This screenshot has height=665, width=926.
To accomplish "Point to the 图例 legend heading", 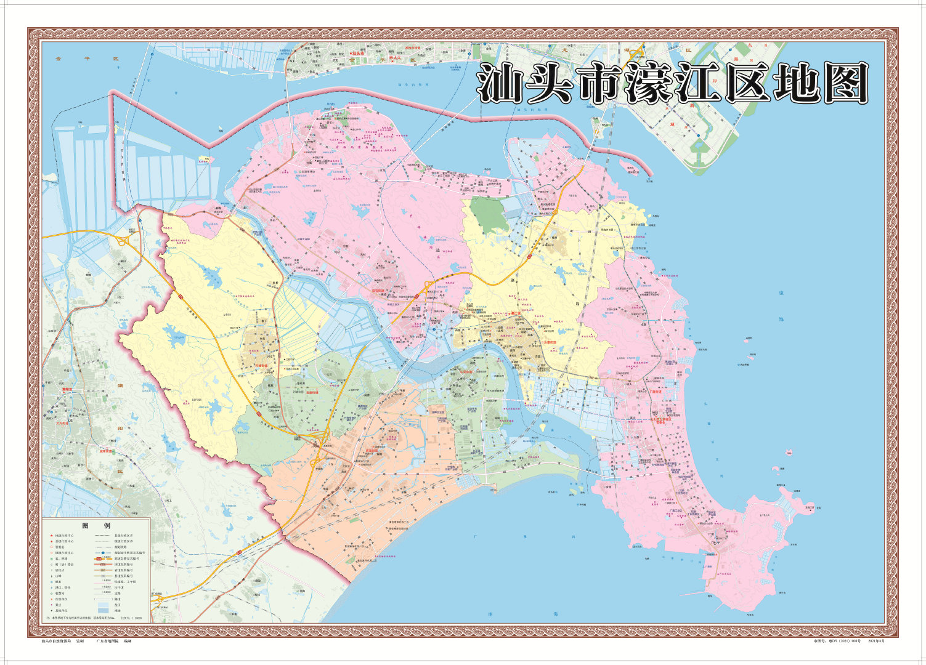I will (96, 525).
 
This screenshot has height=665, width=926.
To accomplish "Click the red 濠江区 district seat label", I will (512, 313).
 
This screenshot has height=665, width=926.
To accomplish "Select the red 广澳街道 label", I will (655, 391).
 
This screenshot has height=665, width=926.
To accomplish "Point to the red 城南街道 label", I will (108, 451).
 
